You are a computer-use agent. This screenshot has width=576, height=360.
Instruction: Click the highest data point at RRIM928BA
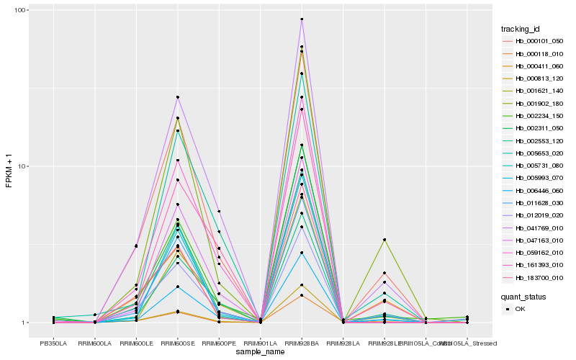click(302, 19)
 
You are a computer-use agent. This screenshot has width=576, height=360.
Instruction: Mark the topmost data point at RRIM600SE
click(177, 97)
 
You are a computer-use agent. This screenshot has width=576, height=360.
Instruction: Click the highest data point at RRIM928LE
click(384, 240)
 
